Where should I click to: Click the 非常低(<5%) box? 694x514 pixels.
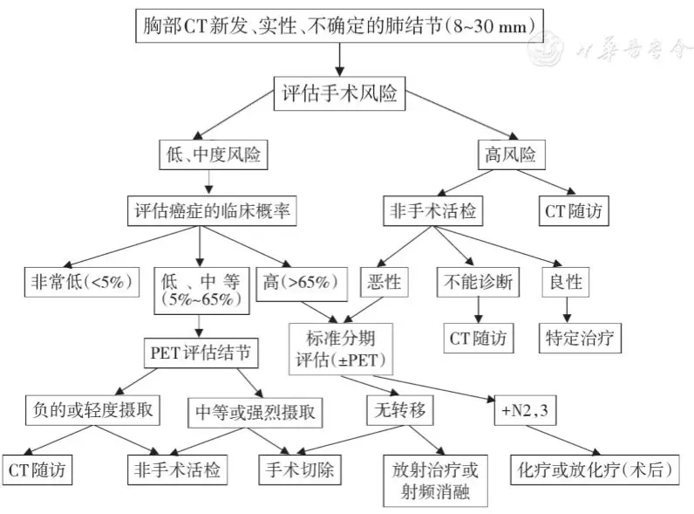click(82, 281)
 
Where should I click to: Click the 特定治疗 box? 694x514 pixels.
click(582, 336)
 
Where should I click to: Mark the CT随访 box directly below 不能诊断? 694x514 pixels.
click(477, 336)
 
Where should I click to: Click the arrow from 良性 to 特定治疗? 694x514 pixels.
click(568, 309)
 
